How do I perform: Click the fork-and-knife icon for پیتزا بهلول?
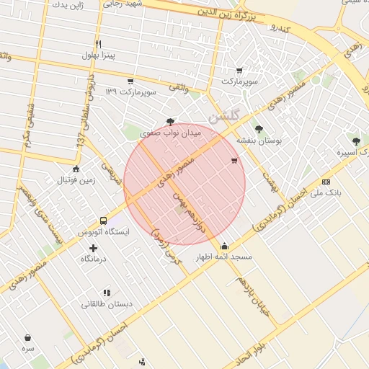coord(98,44)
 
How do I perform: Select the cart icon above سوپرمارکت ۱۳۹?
coord(130,81)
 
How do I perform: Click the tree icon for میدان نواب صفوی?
coord(170,122)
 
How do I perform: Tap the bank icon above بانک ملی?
coord(326,182)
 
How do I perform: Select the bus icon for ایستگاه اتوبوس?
coord(103,221)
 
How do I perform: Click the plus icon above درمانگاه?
coord(93,248)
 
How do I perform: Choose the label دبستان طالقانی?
coord(106,304)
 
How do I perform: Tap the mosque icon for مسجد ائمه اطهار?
coord(225,246)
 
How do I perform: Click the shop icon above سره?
coord(27,337)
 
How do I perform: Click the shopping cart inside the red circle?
coord(234,161)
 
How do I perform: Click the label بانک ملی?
coord(326,193)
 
